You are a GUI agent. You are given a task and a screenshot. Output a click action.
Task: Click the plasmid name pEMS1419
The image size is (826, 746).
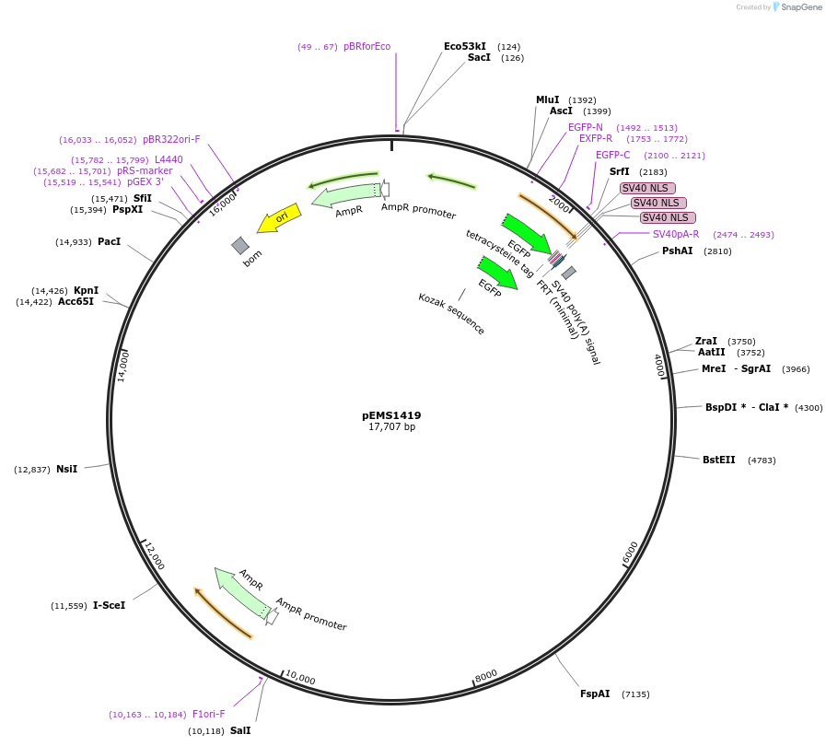tap(391, 415)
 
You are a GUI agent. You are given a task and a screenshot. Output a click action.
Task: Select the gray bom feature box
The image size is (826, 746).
tap(240, 245)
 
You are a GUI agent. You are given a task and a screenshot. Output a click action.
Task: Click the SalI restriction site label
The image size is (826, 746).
tap(240, 730)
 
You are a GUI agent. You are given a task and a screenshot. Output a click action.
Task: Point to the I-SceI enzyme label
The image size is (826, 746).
tap(109, 605)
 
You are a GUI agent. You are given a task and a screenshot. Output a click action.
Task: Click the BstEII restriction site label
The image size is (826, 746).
tap(718, 460)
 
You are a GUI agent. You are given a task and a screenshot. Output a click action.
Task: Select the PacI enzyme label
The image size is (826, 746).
tap(109, 241)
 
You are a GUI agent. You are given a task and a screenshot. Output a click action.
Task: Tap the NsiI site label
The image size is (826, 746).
tap(66, 469)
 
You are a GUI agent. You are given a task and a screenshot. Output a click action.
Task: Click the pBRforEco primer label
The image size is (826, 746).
tap(366, 46)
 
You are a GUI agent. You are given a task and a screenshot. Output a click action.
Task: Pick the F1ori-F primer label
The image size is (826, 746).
tap(208, 714)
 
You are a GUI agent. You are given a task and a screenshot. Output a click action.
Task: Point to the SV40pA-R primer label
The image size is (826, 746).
tap(676, 234)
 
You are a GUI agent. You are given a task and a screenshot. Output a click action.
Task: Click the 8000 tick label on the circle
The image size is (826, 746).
tap(486, 675)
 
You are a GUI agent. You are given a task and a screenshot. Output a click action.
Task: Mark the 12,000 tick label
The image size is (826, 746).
tap(154, 555)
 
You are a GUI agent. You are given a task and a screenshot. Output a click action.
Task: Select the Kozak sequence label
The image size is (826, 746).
tap(451, 313)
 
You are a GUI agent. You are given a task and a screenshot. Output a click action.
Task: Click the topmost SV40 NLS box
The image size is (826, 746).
tap(647, 188)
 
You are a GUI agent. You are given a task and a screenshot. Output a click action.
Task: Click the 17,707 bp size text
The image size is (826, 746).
tap(391, 427)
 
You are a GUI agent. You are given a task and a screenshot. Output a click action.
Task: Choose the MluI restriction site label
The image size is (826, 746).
tap(547, 99)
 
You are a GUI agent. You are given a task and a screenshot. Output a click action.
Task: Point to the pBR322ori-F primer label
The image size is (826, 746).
tap(171, 139)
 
